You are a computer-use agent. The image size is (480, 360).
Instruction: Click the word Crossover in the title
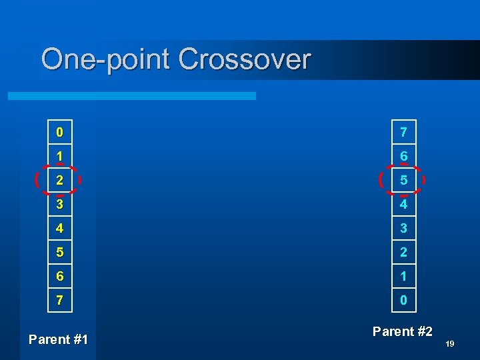pyautogui.click(x=245, y=59)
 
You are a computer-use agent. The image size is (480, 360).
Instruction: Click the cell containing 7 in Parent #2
pyautogui.click(x=403, y=132)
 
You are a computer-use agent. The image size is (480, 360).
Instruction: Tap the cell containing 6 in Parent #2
pyautogui.click(x=403, y=156)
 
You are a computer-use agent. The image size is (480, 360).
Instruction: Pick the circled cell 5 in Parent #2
pyautogui.click(x=403, y=180)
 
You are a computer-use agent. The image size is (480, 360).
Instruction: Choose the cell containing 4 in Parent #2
pyautogui.click(x=403, y=204)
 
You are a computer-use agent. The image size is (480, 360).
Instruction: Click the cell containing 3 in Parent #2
pyautogui.click(x=403, y=228)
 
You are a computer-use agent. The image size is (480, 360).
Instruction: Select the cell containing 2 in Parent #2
pyautogui.click(x=403, y=252)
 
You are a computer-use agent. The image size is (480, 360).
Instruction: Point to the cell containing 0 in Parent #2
pyautogui.click(x=403, y=300)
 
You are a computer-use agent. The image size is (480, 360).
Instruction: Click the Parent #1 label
pyautogui.click(x=59, y=339)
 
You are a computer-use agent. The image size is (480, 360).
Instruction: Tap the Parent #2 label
pyautogui.click(x=403, y=331)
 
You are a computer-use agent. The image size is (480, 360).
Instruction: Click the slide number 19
pyautogui.click(x=449, y=344)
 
